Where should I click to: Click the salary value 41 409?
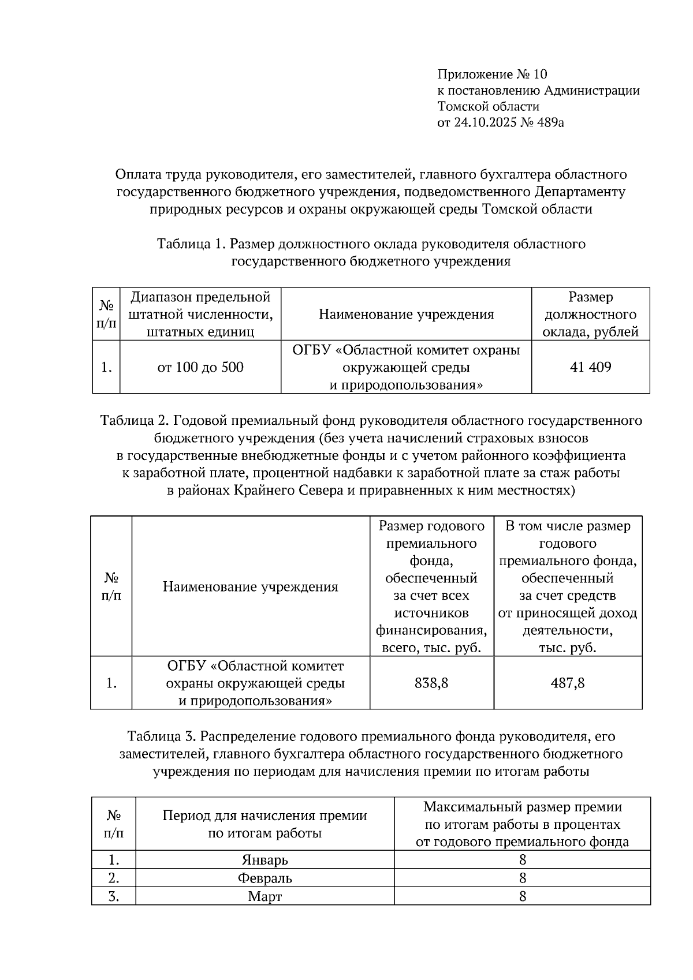pyautogui.click(x=590, y=367)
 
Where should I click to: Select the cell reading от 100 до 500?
pyautogui.click(x=200, y=367)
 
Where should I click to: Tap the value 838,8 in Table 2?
pyautogui.click(x=431, y=683)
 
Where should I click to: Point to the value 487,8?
pyautogui.click(x=568, y=683)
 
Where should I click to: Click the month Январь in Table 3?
pyautogui.click(x=264, y=860)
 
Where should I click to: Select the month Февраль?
pyautogui.click(x=264, y=878)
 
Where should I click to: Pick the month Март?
pyautogui.click(x=264, y=897)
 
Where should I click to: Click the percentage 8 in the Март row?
pyautogui.click(x=523, y=897)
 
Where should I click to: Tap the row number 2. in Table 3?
pyautogui.click(x=114, y=878)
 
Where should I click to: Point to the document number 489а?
pyautogui.click(x=549, y=122)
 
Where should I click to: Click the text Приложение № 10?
pyautogui.click(x=492, y=74)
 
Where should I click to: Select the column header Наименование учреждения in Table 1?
pyautogui.click(x=406, y=315)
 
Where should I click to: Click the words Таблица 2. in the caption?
pyautogui.click(x=134, y=421)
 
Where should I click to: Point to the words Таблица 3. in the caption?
pyautogui.click(x=161, y=737)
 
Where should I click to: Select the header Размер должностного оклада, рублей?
pyautogui.click(x=590, y=315)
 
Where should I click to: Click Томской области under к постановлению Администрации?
pyautogui.click(x=488, y=107)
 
